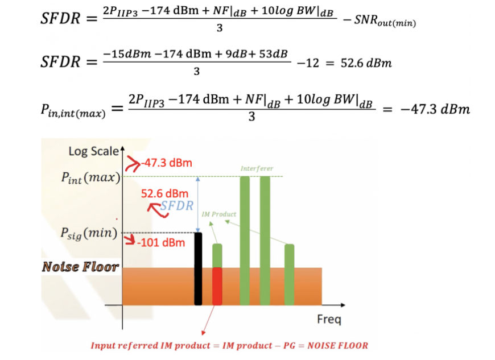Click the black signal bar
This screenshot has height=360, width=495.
pos(198,269)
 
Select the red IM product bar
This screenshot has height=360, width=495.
pos(217,286)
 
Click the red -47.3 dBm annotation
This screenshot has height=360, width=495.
pos(167,163)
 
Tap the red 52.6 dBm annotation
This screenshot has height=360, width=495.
pos(164,193)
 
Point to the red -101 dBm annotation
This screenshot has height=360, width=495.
pos(161,243)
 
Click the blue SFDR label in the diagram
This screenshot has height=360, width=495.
pos(176,206)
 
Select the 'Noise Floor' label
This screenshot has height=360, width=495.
pos(80,267)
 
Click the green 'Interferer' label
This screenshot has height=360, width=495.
pos(257,168)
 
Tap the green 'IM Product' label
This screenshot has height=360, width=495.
pos(219,214)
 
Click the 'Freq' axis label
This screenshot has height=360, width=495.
pos(329,319)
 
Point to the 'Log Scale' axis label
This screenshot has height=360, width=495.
pos(94,151)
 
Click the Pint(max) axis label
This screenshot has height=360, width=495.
pos(91,177)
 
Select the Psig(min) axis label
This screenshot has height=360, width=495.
pos(89,234)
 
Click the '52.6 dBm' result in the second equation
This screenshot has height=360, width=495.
pos(366,63)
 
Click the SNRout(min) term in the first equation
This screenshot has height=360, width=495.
pos(385,21)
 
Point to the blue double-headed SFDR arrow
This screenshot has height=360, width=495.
pos(197,204)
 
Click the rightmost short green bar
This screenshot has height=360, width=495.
pos(289,275)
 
